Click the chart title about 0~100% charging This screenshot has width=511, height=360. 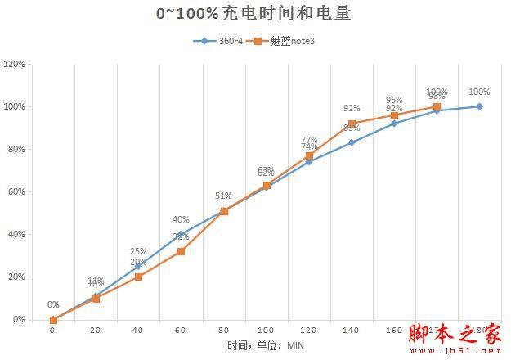click(x=255, y=14)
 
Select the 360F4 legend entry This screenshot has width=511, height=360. click(x=220, y=41)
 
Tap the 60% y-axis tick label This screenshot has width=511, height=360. click(x=16, y=191)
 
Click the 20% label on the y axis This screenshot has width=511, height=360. click(x=16, y=277)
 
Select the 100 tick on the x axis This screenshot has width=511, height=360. click(x=266, y=331)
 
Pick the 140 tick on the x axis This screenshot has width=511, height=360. click(x=352, y=331)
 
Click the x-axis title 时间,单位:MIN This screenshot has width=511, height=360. click(x=265, y=346)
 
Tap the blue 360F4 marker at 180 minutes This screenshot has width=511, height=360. click(x=479, y=106)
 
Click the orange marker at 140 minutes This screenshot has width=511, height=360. click(x=352, y=124)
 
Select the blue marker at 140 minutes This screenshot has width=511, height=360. click(x=352, y=142)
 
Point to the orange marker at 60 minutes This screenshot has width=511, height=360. click(x=181, y=251)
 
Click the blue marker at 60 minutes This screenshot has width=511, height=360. click(x=181, y=234)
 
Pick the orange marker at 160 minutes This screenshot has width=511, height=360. click(x=394, y=115)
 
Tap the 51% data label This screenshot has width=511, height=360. click(x=223, y=196)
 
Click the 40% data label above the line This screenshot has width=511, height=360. click(x=181, y=219)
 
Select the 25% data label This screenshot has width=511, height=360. click(x=138, y=251)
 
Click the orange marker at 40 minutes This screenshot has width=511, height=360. click(x=138, y=277)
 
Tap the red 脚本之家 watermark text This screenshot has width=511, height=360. click(x=454, y=333)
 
